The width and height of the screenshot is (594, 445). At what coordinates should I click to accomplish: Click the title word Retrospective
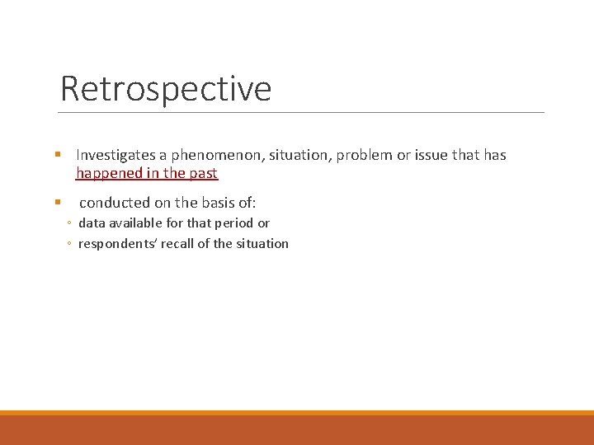coord(166,88)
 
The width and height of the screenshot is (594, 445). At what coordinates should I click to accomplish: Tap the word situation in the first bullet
coord(290,155)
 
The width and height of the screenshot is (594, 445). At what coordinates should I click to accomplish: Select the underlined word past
coord(202,173)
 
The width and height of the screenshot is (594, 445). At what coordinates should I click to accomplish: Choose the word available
coord(137,223)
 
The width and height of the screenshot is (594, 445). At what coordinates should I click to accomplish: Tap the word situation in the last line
coord(261,244)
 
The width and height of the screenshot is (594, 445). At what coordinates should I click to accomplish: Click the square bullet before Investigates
coord(58,155)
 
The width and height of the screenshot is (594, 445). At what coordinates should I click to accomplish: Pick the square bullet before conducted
coord(58,202)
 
